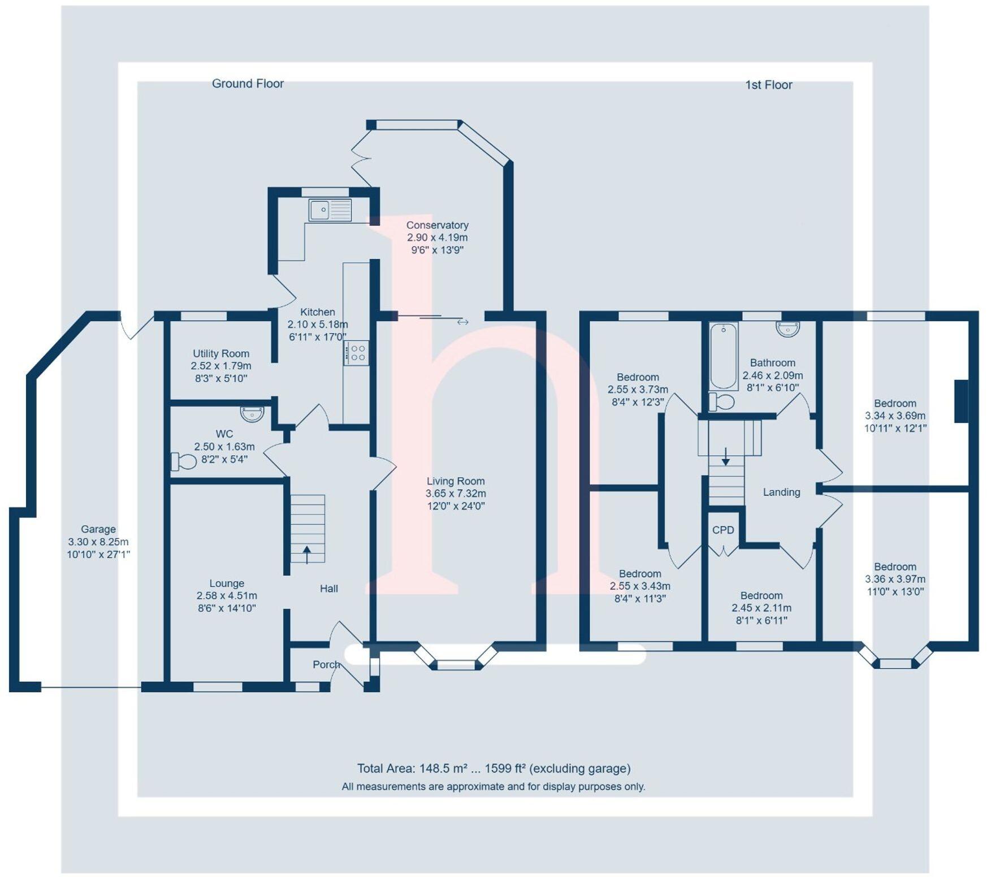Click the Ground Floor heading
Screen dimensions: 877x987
tap(248, 84)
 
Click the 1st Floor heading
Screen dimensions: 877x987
tap(768, 85)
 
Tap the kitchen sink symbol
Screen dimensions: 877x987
tap(330, 210)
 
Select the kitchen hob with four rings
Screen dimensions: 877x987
tap(357, 353)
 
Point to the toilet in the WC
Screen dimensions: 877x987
tap(184, 461)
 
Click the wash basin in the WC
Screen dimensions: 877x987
tap(252, 414)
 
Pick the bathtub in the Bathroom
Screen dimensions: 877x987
tap(724, 356)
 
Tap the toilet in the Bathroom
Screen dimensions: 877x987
tap(721, 402)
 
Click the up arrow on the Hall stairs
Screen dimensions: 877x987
tap(307, 554)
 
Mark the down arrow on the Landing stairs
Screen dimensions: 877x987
tap(726, 457)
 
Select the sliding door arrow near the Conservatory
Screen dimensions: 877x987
tap(462, 322)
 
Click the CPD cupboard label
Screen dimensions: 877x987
tap(723, 530)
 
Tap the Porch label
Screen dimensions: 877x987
tap(326, 664)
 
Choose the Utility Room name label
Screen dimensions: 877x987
tap(221, 353)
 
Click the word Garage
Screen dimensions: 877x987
tap(98, 529)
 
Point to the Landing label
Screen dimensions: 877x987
tap(781, 492)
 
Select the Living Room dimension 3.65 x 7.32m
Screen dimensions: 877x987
tap(456, 494)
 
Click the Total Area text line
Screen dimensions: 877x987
tap(493, 768)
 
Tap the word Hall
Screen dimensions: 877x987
tap(329, 589)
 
